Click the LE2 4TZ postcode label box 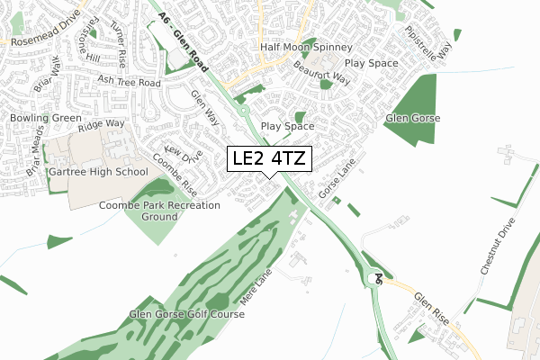270,159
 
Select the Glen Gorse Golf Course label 186,314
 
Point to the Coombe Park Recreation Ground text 159,211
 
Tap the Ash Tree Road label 130,82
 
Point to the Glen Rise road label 428,307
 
